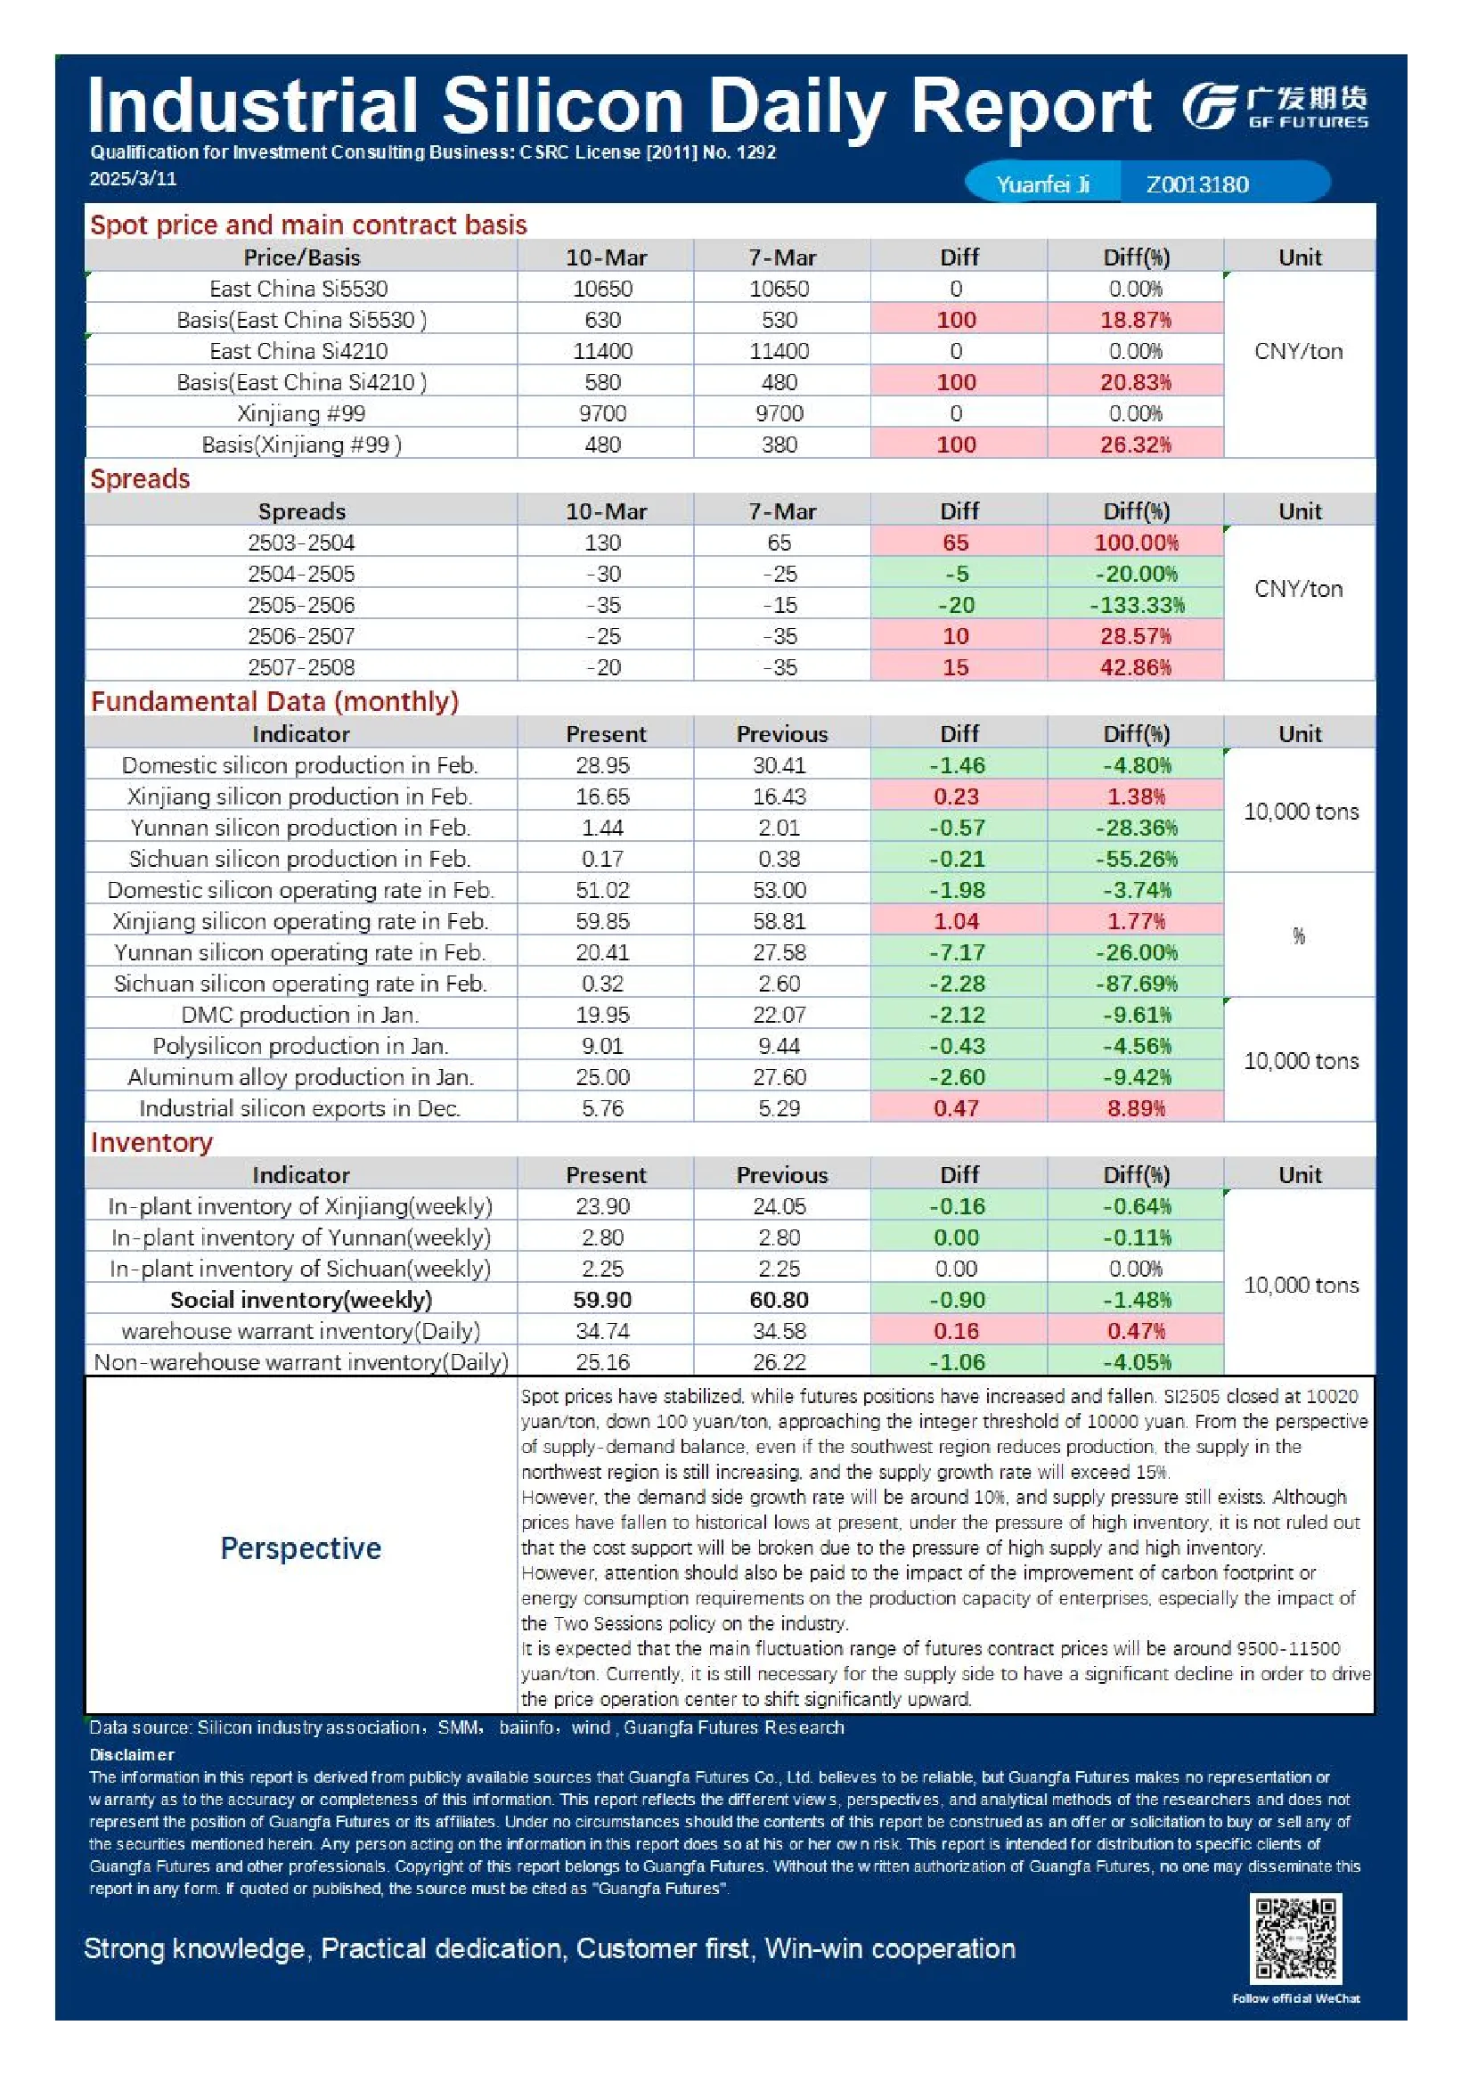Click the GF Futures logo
pos(1275,108)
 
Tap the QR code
pos(1294,1939)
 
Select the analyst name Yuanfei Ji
pos(1042,184)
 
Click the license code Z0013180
pos(1197,184)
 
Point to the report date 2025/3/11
pos(133,179)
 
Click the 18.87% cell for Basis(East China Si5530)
pos(1135,320)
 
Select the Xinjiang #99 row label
pos(301,413)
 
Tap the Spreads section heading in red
pos(140,478)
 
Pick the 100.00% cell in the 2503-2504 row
pos(1136,543)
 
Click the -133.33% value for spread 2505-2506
pos(1136,605)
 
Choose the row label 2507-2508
pos(301,667)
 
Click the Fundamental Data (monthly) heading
pos(274,702)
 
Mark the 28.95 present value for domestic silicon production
pos(602,766)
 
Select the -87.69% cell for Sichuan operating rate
pos(1136,984)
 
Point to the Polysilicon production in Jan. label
pos(301,1046)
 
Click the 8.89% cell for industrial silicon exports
pos(1136,1108)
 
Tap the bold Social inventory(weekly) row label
pos(301,1300)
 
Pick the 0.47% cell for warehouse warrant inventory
pos(1136,1332)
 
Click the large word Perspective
pos(301,1548)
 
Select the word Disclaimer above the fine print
pos(132,1755)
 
